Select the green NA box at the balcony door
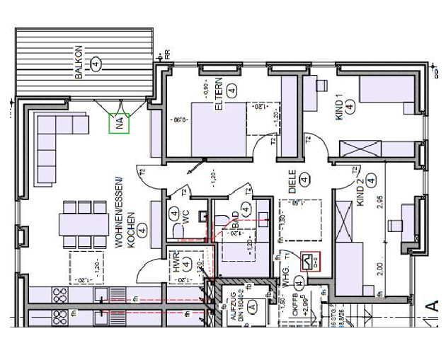tap(120, 123)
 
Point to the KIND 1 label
tap(339, 107)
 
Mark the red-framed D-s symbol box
tap(310, 261)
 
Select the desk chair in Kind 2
tap(394, 226)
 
